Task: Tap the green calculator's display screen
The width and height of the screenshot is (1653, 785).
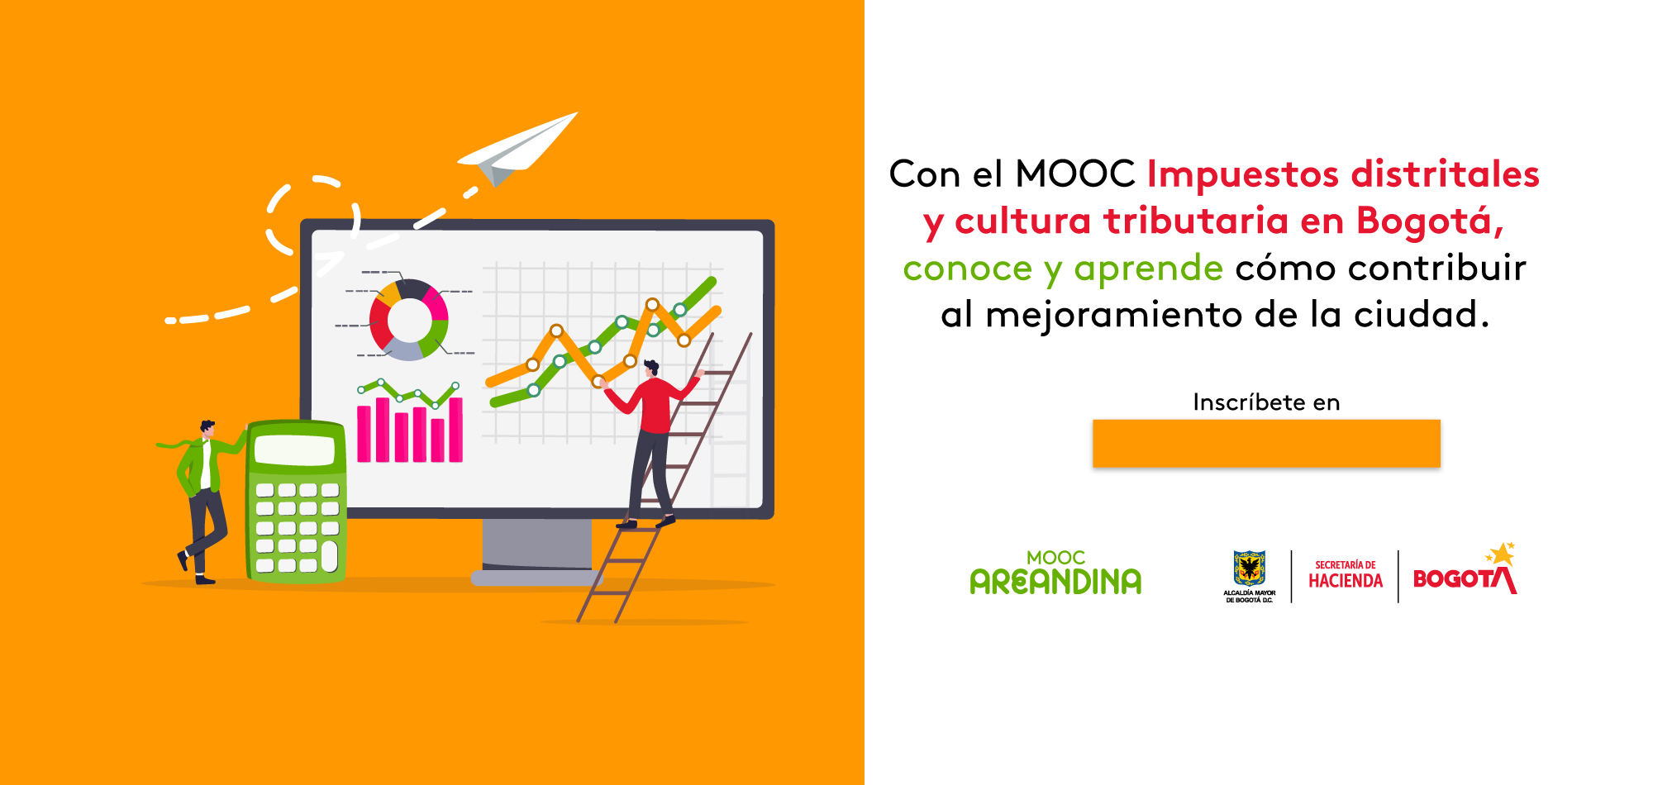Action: [x=294, y=450]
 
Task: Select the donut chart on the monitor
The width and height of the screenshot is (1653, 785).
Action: [x=408, y=320]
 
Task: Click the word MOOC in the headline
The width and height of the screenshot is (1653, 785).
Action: [x=1075, y=174]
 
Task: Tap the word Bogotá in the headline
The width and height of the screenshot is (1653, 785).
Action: [x=1430, y=221]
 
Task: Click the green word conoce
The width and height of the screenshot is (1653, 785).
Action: [x=967, y=269]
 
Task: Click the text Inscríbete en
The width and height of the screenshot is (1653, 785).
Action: [x=1266, y=402]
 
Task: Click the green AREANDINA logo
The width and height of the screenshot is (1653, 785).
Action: [x=1055, y=573]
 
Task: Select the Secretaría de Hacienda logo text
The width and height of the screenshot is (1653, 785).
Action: [x=1346, y=575]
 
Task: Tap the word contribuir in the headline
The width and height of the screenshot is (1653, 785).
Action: [x=1436, y=268]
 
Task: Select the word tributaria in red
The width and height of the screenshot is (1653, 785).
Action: [x=1196, y=221]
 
